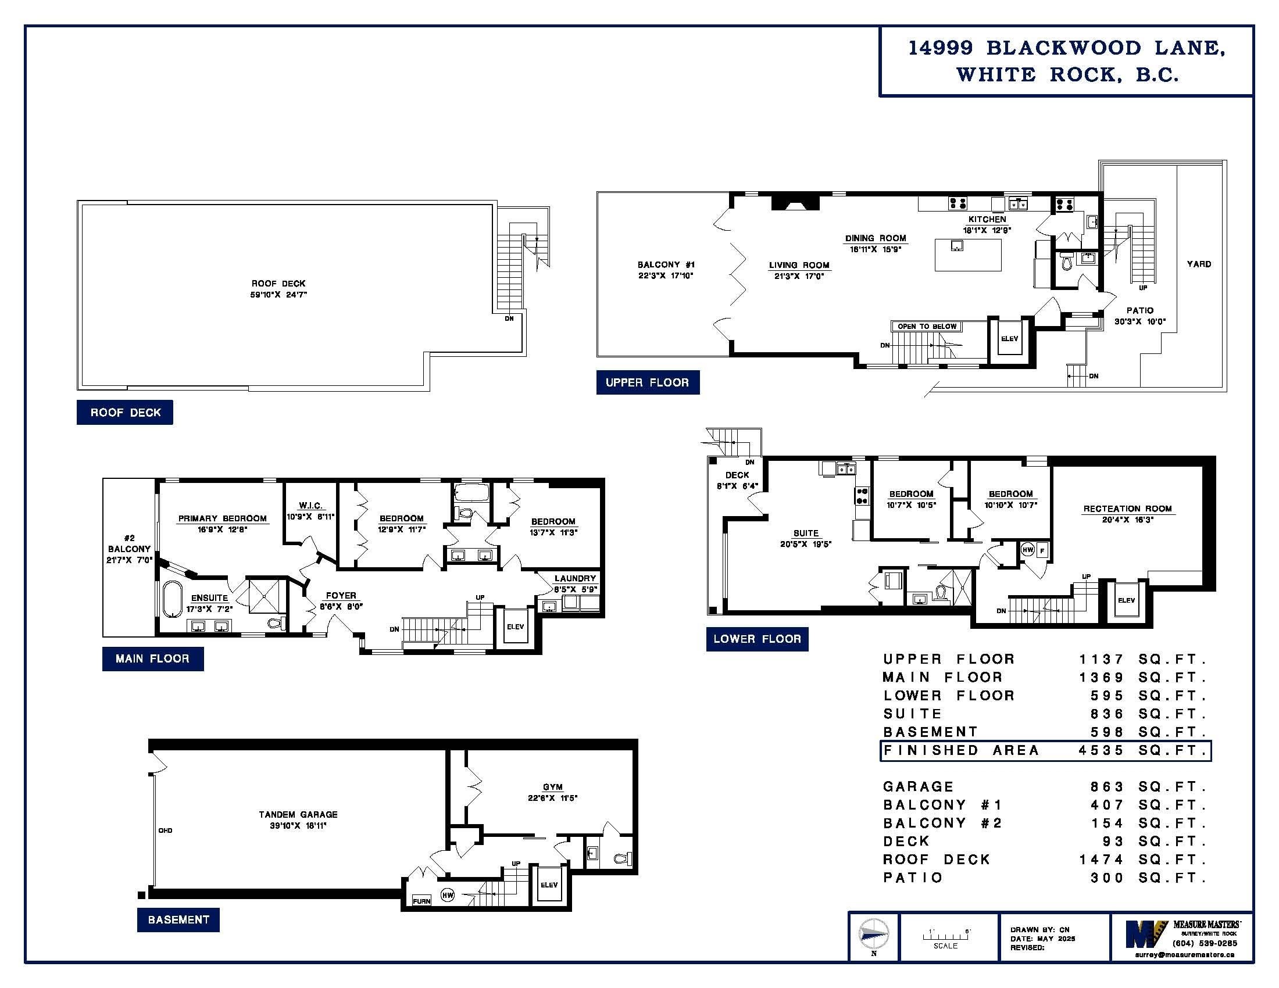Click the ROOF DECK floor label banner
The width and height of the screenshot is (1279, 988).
(125, 412)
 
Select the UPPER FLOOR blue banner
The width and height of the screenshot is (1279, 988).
(648, 382)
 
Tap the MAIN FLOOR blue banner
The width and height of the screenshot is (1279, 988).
(153, 658)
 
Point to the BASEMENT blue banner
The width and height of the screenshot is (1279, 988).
(178, 919)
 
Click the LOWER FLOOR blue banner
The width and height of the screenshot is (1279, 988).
(757, 639)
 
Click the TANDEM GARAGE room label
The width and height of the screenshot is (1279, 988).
(298, 814)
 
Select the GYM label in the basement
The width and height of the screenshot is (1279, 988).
(553, 787)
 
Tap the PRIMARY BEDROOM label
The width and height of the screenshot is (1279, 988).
(223, 518)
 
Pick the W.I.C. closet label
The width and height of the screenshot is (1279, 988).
(310, 505)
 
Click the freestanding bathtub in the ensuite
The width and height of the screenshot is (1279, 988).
(173, 599)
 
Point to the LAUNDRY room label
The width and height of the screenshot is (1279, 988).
(575, 578)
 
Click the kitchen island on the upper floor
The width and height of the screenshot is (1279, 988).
(967, 255)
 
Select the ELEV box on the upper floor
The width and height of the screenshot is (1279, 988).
(1010, 338)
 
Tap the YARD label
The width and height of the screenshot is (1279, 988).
(1199, 264)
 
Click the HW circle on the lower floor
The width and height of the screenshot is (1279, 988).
(1028, 550)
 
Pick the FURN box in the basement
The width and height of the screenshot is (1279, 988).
(421, 901)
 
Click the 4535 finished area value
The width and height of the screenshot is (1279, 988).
(1101, 750)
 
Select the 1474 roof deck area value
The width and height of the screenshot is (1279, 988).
(1101, 859)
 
